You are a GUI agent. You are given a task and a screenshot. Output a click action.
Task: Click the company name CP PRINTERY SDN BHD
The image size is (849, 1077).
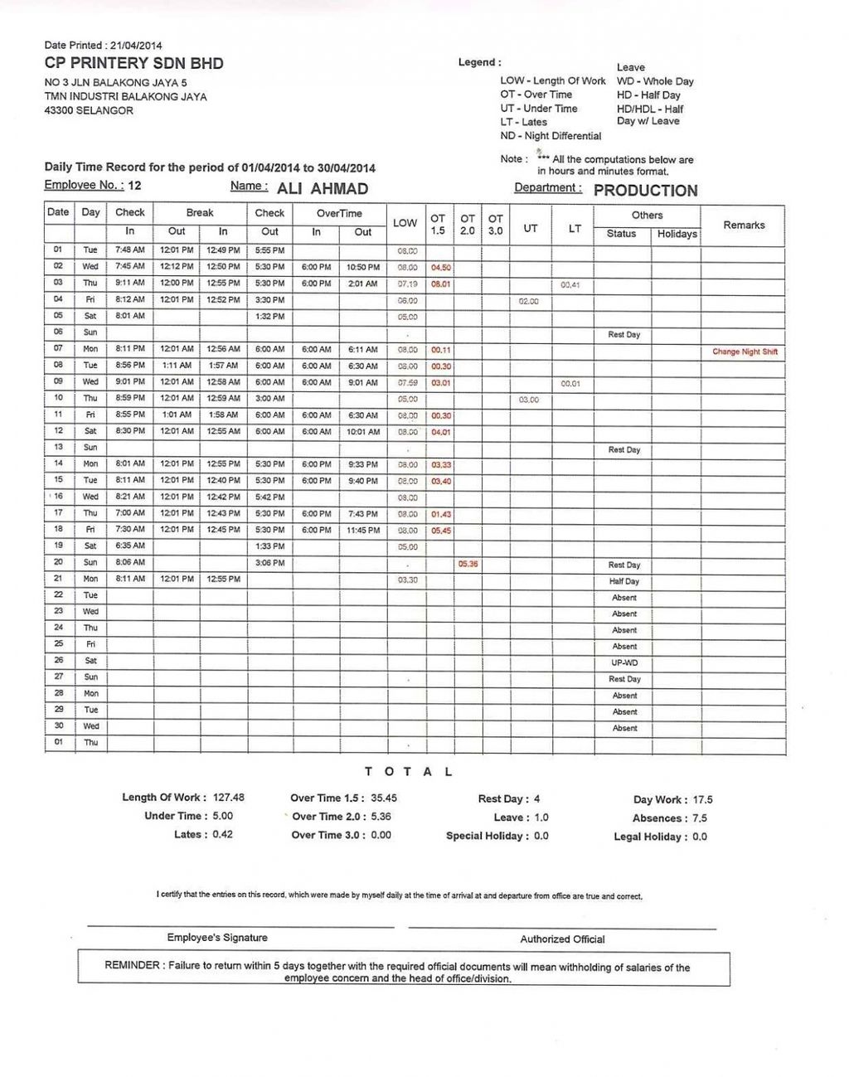point(133,64)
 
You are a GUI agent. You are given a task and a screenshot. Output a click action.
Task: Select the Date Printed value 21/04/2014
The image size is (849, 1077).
point(136,46)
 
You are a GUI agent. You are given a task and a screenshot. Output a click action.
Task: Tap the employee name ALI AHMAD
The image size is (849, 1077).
point(323,189)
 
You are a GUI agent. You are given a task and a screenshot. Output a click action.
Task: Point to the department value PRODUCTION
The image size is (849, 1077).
point(645,191)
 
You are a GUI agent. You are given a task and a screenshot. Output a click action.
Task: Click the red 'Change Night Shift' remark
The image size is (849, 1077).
point(745,352)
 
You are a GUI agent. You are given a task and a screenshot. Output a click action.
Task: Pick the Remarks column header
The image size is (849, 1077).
point(744,225)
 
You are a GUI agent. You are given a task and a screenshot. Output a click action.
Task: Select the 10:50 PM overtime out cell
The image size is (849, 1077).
point(363,267)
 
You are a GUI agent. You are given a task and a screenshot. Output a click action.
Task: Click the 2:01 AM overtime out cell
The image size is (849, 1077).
point(363,284)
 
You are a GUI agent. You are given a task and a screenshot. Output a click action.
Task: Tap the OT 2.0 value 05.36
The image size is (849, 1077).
point(468,564)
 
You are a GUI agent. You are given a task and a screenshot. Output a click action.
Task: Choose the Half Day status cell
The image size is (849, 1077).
point(624,581)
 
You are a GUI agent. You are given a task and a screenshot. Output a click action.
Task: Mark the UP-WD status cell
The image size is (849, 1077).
point(624,663)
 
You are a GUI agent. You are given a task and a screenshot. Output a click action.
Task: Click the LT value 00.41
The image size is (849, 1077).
point(570,285)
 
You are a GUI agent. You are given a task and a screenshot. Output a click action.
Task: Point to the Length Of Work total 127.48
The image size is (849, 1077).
point(229,798)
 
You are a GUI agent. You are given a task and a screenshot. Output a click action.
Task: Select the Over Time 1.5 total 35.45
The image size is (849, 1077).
point(384,798)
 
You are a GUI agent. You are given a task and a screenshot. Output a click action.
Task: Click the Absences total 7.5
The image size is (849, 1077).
point(700,818)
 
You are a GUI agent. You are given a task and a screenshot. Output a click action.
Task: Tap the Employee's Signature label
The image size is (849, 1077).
point(217,938)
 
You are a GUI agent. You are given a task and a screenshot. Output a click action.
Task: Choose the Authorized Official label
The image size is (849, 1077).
point(562,939)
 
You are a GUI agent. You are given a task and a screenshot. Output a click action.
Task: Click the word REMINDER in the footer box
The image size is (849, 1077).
point(133,966)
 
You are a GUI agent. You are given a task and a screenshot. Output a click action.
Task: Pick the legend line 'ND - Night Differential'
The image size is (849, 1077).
point(551,136)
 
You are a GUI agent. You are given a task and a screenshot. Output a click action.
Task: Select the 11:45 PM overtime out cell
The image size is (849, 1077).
point(363,530)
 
